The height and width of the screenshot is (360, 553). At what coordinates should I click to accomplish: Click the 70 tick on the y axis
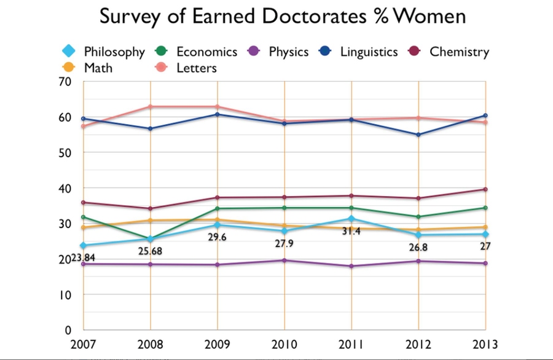click(x=65, y=81)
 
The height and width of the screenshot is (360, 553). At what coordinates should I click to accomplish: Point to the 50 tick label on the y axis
click(x=65, y=152)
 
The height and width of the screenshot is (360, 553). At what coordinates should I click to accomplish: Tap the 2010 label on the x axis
click(x=284, y=342)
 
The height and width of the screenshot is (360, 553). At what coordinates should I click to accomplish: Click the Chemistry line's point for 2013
click(x=485, y=189)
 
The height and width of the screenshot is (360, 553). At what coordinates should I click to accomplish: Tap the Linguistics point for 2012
click(x=418, y=135)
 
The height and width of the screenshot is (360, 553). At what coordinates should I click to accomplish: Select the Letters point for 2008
click(x=151, y=107)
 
